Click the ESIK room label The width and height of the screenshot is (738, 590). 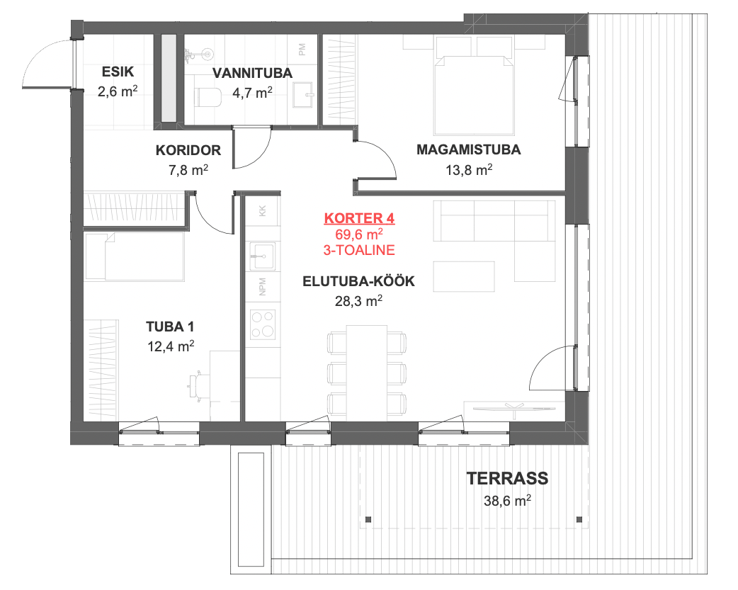click(x=118, y=72)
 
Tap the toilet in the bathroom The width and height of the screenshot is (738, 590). click(x=208, y=98)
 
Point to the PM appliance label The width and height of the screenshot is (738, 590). click(x=302, y=49)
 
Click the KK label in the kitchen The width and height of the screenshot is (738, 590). click(x=263, y=210)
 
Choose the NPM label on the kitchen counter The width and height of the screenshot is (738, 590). click(x=263, y=287)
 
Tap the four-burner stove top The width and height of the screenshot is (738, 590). click(x=263, y=324)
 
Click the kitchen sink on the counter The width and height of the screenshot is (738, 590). click(x=262, y=256)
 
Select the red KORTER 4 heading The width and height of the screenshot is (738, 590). click(x=359, y=218)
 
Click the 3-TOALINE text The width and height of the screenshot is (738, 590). click(x=359, y=250)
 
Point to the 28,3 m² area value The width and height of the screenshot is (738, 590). click(x=358, y=300)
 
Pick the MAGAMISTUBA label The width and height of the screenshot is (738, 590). click(x=469, y=149)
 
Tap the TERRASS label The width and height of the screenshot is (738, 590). click(x=507, y=478)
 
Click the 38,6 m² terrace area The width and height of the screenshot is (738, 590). click(x=507, y=500)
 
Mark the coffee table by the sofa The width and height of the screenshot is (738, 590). click(x=464, y=277)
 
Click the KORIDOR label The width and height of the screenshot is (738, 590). click(x=188, y=150)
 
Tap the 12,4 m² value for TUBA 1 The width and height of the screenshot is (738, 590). click(x=171, y=346)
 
